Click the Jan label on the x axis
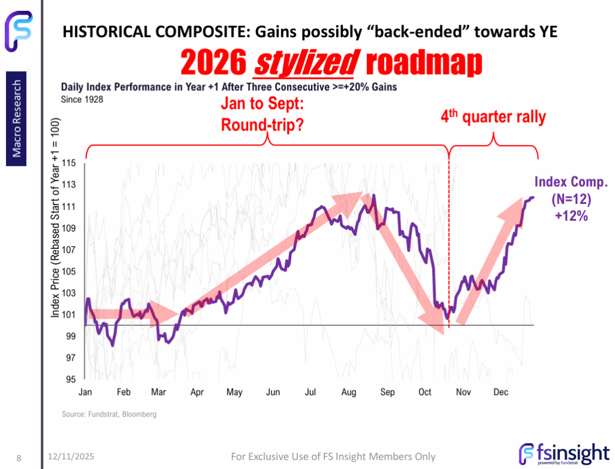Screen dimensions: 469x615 [x=85, y=393]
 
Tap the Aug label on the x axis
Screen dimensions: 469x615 [x=349, y=393]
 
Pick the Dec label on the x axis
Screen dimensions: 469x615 [x=501, y=393]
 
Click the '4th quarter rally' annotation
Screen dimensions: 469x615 [x=494, y=116]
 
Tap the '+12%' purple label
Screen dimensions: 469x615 [x=571, y=215]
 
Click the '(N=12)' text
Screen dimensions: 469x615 [x=571, y=199]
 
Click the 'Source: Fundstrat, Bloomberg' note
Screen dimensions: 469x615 [x=109, y=415]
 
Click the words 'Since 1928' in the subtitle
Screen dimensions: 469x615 [x=82, y=99]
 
